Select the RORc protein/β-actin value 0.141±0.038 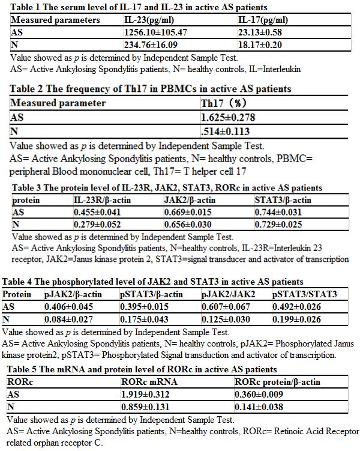click(x=259, y=405)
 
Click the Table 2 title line click(x=151, y=89)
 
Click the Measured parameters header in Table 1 click(x=56, y=20)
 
